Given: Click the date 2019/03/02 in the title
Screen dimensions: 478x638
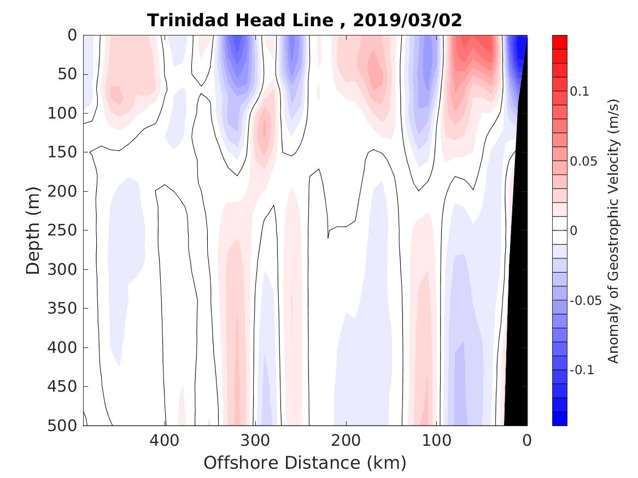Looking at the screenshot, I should (x=407, y=21).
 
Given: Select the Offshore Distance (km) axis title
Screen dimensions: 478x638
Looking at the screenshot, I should (x=305, y=463).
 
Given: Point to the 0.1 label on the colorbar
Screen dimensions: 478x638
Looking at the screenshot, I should (x=580, y=92).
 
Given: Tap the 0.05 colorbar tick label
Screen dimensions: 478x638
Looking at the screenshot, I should (x=582, y=162).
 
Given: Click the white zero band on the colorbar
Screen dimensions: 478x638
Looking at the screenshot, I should (x=559, y=231).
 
